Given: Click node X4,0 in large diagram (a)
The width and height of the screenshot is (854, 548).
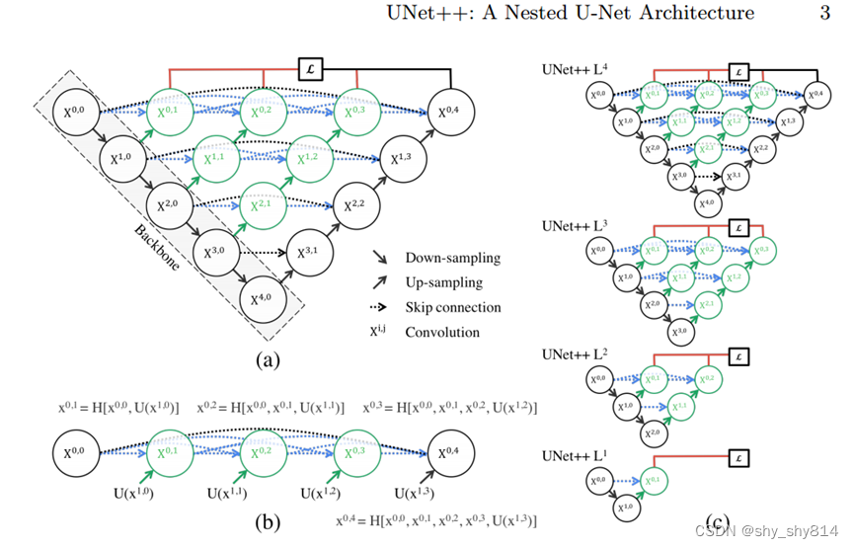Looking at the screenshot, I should (x=261, y=297).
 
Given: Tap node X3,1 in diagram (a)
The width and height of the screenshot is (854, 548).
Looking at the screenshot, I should (x=308, y=251).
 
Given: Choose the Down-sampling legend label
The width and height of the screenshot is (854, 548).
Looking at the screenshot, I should (x=452, y=259).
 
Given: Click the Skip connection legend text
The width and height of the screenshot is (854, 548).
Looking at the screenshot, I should (x=452, y=307).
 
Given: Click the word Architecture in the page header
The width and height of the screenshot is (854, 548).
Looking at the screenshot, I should (x=700, y=13).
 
